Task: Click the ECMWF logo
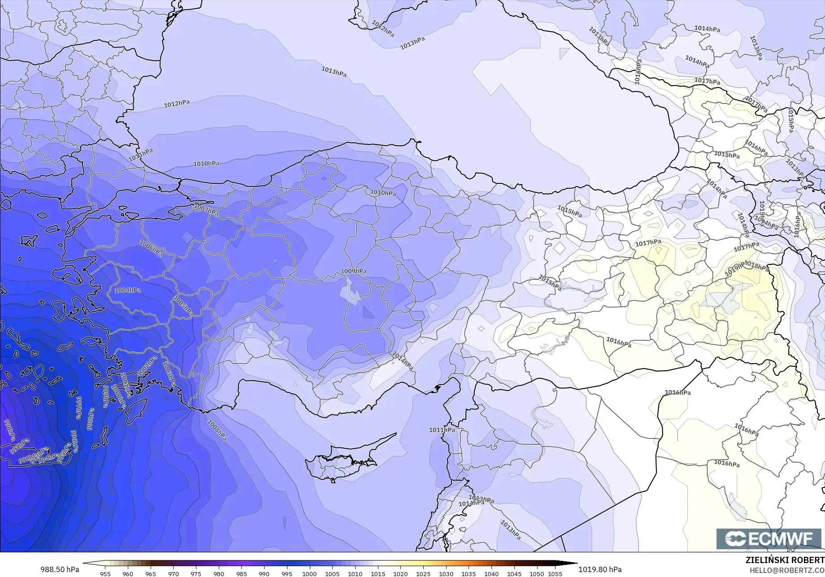pyautogui.click(x=769, y=538)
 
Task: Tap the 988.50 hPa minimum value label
pyautogui.click(x=60, y=569)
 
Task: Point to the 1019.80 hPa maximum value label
pyautogui.click(x=600, y=569)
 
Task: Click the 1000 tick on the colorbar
pyautogui.click(x=309, y=573)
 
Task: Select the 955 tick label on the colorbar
pyautogui.click(x=105, y=573)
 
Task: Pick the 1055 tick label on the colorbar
pyautogui.click(x=555, y=573)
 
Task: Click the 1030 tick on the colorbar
pyautogui.click(x=446, y=573)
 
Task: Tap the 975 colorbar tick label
pyautogui.click(x=196, y=573)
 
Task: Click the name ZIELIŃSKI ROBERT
pyautogui.click(x=785, y=560)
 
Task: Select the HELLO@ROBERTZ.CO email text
pyautogui.click(x=787, y=570)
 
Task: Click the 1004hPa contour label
pyautogui.click(x=128, y=290)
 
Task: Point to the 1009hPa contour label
pyautogui.click(x=353, y=271)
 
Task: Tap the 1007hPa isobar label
pyautogui.click(x=206, y=209)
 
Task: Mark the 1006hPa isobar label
pyautogui.click(x=151, y=248)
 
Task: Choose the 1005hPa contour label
pyautogui.click(x=182, y=306)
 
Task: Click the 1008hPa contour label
pyautogui.click(x=217, y=430)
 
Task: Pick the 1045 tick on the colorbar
pyautogui.click(x=514, y=573)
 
